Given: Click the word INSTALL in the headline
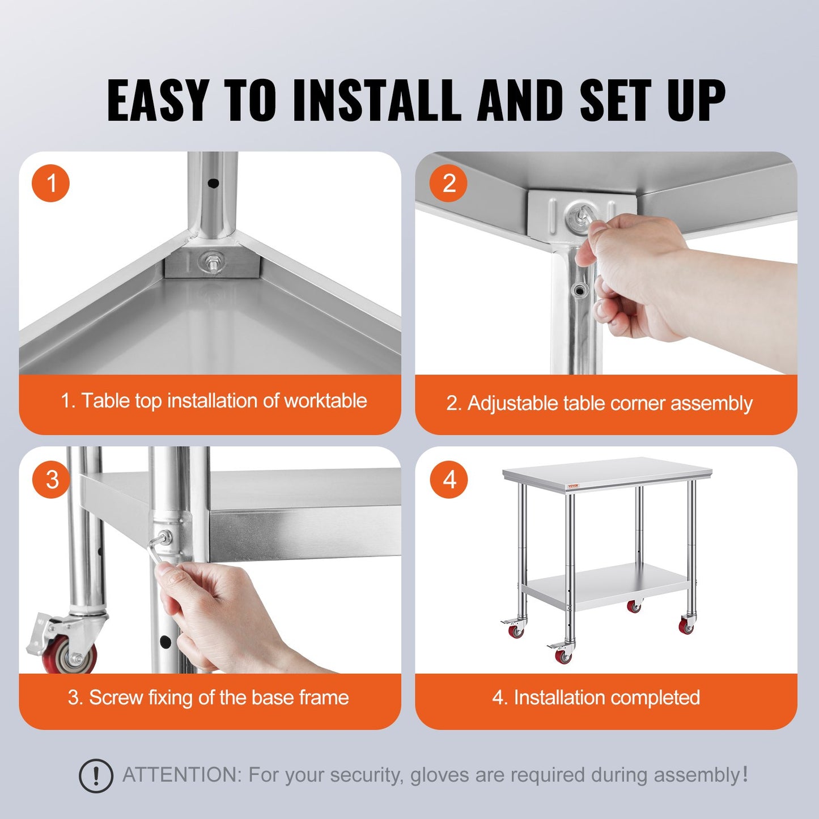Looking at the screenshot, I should [376, 100].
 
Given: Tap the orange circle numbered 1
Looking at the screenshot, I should [51, 184].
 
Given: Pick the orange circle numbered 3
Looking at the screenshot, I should [52, 479].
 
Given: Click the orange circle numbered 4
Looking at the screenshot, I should [449, 479].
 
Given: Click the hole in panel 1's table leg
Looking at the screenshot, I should [213, 183].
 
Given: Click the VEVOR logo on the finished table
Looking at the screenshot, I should [574, 486].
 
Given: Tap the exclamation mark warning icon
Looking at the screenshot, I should [96, 775].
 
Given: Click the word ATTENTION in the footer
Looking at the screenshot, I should [181, 775].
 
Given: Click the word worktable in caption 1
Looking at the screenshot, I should [325, 401].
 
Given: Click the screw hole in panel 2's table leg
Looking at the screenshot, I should [579, 291].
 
